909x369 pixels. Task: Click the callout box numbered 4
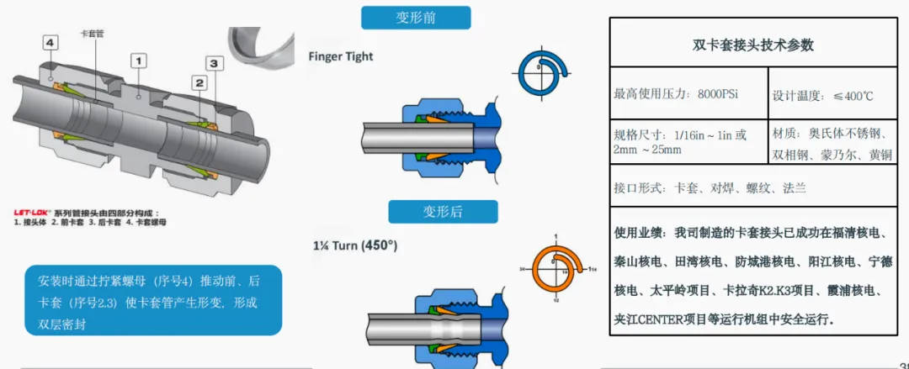(x=51, y=42)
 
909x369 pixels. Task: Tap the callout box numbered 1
(x=139, y=60)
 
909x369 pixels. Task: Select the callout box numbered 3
(x=215, y=63)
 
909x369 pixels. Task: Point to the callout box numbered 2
(x=199, y=82)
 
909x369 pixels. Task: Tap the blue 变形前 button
(x=416, y=18)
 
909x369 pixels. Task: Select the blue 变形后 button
(x=442, y=211)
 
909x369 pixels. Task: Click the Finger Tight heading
(x=341, y=56)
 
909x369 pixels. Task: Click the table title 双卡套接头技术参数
(x=752, y=45)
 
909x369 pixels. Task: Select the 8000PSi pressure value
(x=718, y=94)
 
